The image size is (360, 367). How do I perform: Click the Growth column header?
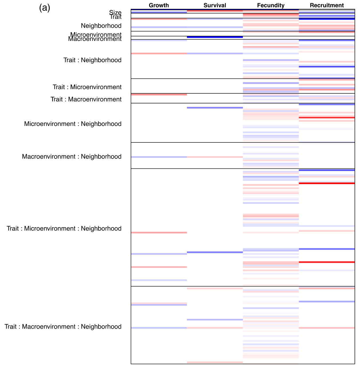(x=159, y=5)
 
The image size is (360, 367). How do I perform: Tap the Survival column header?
(x=215, y=5)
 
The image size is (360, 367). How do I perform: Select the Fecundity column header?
(x=271, y=5)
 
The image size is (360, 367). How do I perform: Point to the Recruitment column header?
(x=327, y=5)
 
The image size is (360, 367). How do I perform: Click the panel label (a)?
(x=45, y=8)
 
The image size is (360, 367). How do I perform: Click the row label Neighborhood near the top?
(x=101, y=26)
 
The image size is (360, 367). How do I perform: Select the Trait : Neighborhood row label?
(x=92, y=60)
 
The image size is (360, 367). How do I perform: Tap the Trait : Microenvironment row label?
(x=87, y=87)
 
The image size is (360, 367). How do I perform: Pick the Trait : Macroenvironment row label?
(x=86, y=99)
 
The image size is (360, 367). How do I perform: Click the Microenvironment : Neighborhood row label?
(x=73, y=124)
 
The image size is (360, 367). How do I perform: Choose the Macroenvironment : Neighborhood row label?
(x=72, y=157)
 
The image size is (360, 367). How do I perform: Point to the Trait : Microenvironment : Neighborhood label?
(x=64, y=229)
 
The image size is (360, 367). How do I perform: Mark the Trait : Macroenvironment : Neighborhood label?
(x=63, y=327)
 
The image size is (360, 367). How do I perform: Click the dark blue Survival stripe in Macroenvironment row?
(x=215, y=37)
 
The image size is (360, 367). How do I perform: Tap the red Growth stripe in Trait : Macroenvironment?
(x=159, y=95)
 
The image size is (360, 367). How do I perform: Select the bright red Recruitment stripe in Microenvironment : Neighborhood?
(x=327, y=118)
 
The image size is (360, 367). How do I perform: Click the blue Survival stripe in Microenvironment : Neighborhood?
(x=215, y=108)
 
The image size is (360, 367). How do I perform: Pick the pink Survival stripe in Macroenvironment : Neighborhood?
(x=215, y=157)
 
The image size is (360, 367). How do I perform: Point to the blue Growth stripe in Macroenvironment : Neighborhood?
(x=159, y=157)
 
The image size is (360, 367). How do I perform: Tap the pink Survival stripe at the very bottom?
(x=215, y=362)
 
